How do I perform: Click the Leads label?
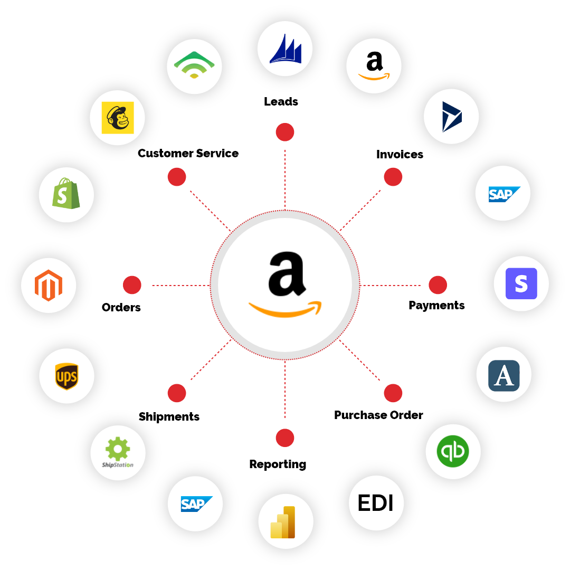281,101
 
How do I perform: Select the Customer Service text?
188,154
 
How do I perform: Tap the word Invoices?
400,155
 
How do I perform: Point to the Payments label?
436,306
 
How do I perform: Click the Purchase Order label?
378,415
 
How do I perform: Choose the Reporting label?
278,464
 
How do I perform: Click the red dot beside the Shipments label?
177,393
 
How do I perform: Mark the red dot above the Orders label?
132,285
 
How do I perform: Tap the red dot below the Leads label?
285,132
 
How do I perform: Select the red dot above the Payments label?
438,285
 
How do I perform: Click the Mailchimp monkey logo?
118,118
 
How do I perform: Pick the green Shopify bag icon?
66,193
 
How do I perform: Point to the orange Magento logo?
49,286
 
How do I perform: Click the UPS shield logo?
66,376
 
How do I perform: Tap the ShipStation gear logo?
118,452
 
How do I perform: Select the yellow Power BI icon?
283,522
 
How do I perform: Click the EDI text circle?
376,503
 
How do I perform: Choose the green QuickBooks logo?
453,451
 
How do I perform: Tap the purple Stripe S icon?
521,283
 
